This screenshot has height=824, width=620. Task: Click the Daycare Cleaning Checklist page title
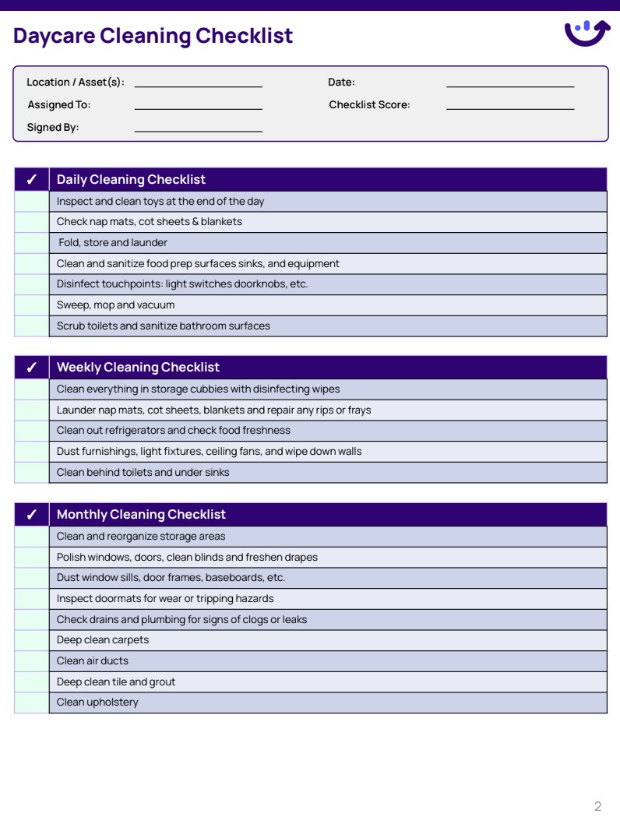pos(153,36)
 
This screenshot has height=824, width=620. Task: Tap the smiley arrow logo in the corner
pos(587,33)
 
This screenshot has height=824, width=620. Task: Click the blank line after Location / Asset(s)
pos(198,83)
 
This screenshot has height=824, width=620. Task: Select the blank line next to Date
pos(509,83)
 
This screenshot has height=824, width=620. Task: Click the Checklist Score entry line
pos(509,105)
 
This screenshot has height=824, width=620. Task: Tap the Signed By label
pos(53,128)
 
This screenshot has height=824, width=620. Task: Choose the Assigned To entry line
pos(198,105)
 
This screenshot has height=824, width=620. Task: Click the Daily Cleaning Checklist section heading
pos(131,180)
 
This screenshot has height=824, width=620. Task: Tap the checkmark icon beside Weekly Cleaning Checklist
pos(31,368)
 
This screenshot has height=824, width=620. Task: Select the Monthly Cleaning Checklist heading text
pos(141,515)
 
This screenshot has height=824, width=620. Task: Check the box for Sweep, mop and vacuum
pos(31,305)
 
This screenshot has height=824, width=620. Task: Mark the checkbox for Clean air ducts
pos(31,661)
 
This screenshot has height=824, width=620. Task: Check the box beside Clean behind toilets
pos(31,473)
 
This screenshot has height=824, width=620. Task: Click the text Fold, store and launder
pos(113,243)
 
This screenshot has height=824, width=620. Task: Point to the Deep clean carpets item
pos(103,640)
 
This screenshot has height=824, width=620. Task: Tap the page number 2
pos(597,806)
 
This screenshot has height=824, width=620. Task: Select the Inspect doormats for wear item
pos(165,599)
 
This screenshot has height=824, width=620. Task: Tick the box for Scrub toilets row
pos(31,326)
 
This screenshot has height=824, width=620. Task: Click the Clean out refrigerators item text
pos(173,431)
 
